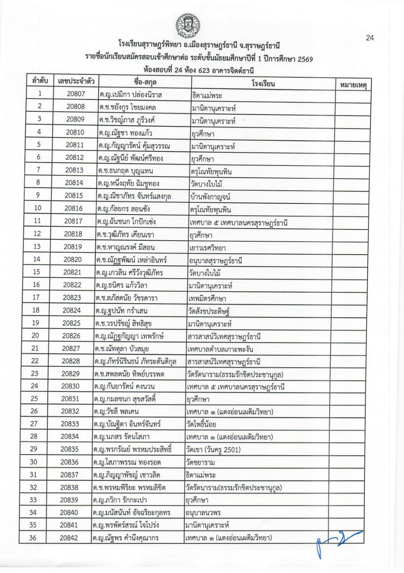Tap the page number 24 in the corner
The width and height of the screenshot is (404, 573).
[370, 38]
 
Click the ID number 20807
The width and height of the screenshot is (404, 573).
[76, 94]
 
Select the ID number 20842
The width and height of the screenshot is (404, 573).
[69, 538]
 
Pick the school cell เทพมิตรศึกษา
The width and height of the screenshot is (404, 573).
[207, 298]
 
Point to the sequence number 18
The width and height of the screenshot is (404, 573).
[36, 310]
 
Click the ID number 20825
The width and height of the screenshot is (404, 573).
[72, 323]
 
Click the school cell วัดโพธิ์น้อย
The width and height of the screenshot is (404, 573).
[201, 424]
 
